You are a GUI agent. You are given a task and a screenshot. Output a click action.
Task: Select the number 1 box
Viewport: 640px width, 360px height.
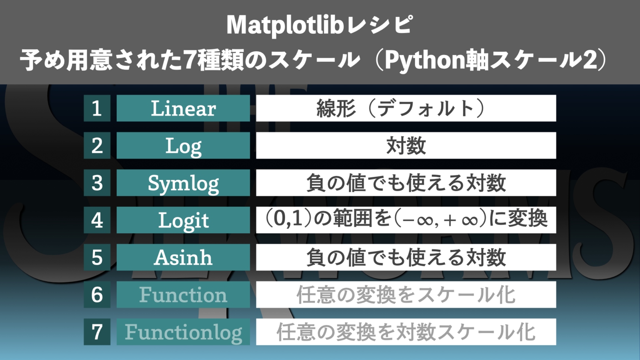pyautogui.click(x=97, y=108)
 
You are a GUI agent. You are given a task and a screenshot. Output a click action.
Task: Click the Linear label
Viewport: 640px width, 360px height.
pyautogui.click(x=183, y=108)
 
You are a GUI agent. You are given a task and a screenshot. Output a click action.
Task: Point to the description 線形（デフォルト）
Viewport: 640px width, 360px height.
pyautogui.click(x=406, y=108)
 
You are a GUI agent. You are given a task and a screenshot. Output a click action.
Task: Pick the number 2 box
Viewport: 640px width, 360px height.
pyautogui.click(x=97, y=145)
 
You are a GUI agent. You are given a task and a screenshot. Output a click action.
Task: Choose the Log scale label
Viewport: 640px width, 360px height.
pyautogui.click(x=183, y=146)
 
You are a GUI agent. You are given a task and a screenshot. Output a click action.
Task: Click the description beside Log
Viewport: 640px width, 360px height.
pyautogui.click(x=406, y=145)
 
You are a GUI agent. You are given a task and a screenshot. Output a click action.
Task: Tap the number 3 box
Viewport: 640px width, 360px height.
pyautogui.click(x=97, y=183)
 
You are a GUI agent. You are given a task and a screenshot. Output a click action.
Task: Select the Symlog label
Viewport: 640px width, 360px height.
pyautogui.click(x=183, y=183)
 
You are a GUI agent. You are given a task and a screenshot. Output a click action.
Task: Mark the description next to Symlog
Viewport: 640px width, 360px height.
pyautogui.click(x=406, y=183)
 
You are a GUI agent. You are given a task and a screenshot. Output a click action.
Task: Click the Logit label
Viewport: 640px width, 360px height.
pyautogui.click(x=183, y=220)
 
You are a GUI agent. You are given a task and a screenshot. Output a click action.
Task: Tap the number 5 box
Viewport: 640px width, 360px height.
pyautogui.click(x=97, y=257)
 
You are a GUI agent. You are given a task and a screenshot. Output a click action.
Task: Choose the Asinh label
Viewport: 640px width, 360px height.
pyautogui.click(x=183, y=257)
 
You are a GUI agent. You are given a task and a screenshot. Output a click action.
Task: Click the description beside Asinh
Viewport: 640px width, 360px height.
pyautogui.click(x=406, y=257)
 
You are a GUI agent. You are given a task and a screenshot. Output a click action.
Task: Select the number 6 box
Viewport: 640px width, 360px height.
pyautogui.click(x=97, y=295)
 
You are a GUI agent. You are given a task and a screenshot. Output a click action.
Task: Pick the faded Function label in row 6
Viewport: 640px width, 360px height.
pyautogui.click(x=183, y=295)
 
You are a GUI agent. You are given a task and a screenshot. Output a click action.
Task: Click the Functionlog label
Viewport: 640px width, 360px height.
pyautogui.click(x=183, y=332)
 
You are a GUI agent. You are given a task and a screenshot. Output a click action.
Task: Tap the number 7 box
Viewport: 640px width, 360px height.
pyautogui.click(x=97, y=332)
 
